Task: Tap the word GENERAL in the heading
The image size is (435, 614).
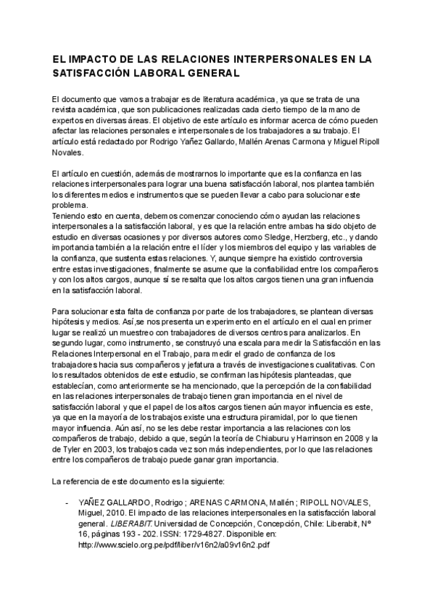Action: pos(213,73)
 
